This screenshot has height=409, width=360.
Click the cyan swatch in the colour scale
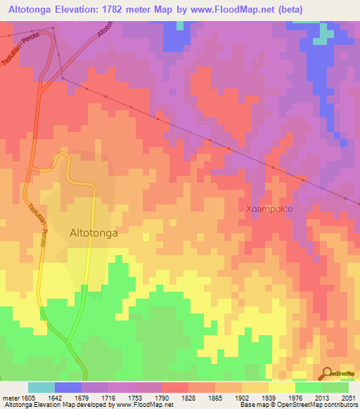pyautogui.click(x=41, y=387)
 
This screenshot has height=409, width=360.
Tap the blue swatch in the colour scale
pyautogui.click(x=68, y=387)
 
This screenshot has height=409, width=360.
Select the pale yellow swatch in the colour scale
pyautogui.click(x=281, y=387)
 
